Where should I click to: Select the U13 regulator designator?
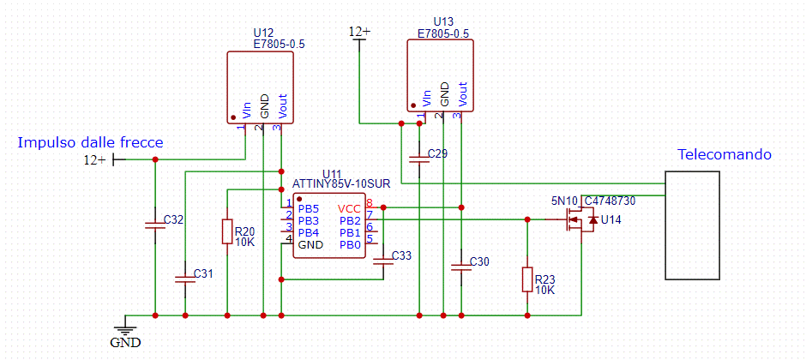point(443,21)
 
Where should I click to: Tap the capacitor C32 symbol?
point(154,224)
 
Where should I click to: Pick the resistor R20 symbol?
point(226,231)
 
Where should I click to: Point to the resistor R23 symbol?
point(527,279)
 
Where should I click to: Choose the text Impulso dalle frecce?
point(90,143)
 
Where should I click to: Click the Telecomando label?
point(725,155)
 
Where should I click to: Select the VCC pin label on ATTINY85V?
point(349,208)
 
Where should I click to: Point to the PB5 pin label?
point(309,208)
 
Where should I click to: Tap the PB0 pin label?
point(349,244)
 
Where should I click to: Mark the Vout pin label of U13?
point(463,91)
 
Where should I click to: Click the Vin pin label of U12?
point(247,110)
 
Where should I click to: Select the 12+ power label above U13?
point(359,32)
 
